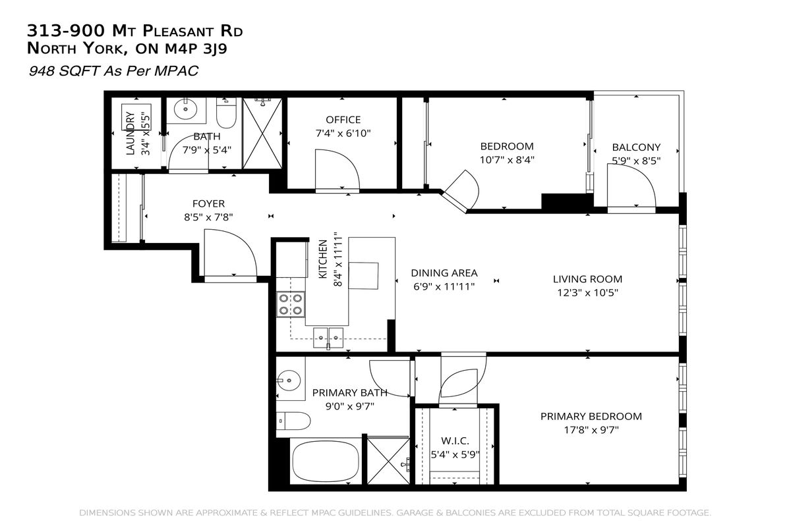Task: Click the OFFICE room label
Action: coord(343,120)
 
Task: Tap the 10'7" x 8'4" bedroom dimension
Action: coord(507,160)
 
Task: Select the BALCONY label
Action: coord(636,147)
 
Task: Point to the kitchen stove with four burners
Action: coord(291,304)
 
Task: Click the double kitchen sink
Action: coord(328,338)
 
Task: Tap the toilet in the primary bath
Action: coord(293,421)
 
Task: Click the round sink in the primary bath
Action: coord(288,381)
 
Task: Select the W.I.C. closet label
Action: coord(455,440)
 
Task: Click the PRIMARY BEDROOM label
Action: coord(591,417)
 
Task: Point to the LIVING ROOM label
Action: coord(587,279)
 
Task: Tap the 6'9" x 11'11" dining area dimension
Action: coord(444,286)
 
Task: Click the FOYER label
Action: coord(208,204)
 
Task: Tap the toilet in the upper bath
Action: coord(226,113)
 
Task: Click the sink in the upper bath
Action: coord(185,110)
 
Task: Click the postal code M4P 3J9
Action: coord(196,49)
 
